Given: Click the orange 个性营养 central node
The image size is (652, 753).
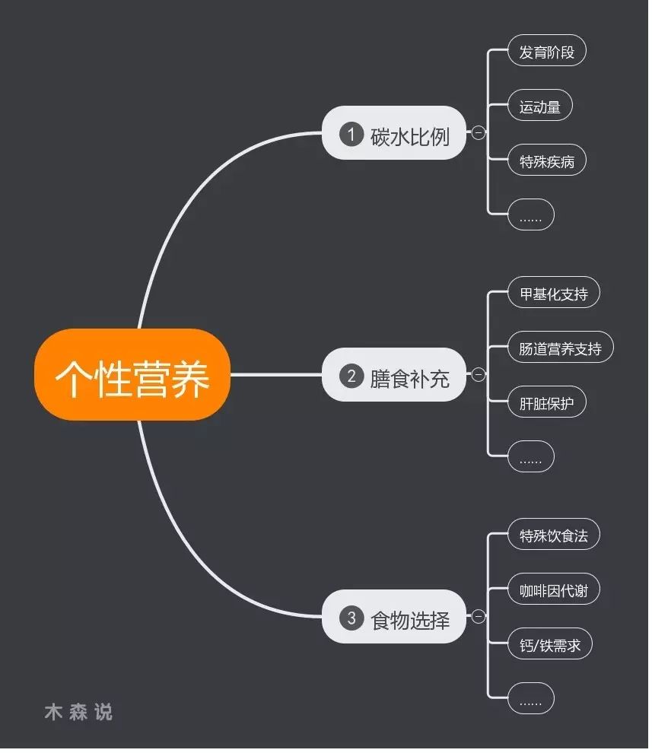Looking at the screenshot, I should [x=132, y=375].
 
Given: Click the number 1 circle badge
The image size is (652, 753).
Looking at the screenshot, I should [x=351, y=135].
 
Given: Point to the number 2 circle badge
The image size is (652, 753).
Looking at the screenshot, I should [x=351, y=376].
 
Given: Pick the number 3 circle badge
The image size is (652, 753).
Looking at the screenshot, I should [x=351, y=618].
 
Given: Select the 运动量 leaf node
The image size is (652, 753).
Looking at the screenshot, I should [x=539, y=107].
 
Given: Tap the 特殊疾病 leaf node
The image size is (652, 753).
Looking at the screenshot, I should [x=546, y=161].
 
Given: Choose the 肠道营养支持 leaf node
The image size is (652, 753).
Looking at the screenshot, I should [x=560, y=349].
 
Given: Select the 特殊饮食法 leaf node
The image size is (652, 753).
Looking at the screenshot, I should [x=553, y=535].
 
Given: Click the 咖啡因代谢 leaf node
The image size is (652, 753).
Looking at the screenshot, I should [x=553, y=590].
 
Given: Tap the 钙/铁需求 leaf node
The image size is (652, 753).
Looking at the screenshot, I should [x=549, y=645].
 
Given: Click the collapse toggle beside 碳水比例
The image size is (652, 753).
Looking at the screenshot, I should [x=478, y=133].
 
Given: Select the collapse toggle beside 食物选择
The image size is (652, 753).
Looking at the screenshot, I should [x=478, y=617].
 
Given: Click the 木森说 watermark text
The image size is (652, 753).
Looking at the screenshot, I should [x=78, y=712].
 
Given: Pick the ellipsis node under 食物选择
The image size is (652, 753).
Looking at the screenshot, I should [x=530, y=700].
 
